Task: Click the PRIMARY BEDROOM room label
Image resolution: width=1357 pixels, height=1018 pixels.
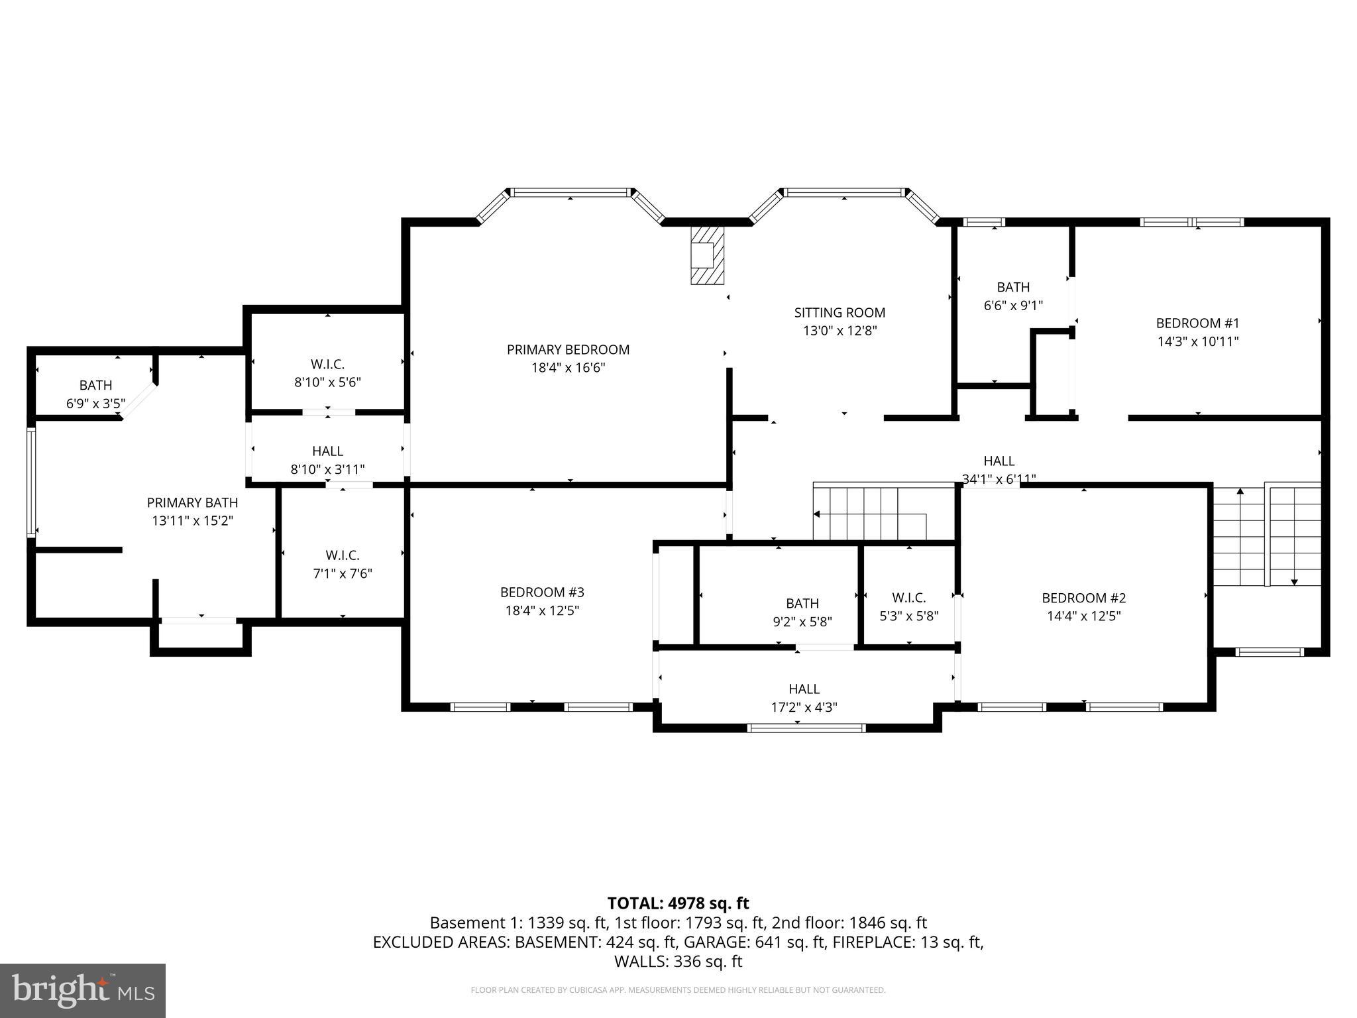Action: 568,349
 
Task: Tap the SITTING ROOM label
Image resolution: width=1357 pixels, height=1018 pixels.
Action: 840,312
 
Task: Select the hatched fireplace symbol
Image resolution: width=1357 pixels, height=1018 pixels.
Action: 707,255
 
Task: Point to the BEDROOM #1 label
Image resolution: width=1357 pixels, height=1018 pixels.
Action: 1197,323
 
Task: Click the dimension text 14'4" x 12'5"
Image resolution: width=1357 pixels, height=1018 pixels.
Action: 1083,616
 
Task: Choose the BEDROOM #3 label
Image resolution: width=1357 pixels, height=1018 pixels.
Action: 542,592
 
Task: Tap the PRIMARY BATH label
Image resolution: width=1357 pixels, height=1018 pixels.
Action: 192,502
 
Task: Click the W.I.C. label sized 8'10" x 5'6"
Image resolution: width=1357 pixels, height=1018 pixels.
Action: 327,364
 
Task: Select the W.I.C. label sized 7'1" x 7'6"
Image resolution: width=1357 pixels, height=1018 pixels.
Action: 343,555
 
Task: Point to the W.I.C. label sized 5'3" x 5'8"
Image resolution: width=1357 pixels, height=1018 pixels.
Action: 908,597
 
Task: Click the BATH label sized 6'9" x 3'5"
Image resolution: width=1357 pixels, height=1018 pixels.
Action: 95,385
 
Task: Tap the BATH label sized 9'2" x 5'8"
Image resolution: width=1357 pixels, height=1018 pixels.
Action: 802,603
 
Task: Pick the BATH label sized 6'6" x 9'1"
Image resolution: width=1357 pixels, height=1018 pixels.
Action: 1013,287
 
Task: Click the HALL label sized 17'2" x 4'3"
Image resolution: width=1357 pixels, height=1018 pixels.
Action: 804,689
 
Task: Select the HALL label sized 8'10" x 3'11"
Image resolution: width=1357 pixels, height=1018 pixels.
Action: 327,451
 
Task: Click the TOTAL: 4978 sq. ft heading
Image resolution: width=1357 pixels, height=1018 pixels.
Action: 678,903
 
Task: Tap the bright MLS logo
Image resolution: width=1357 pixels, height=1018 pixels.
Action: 83,990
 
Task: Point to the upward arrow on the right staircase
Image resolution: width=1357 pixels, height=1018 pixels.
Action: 1240,493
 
